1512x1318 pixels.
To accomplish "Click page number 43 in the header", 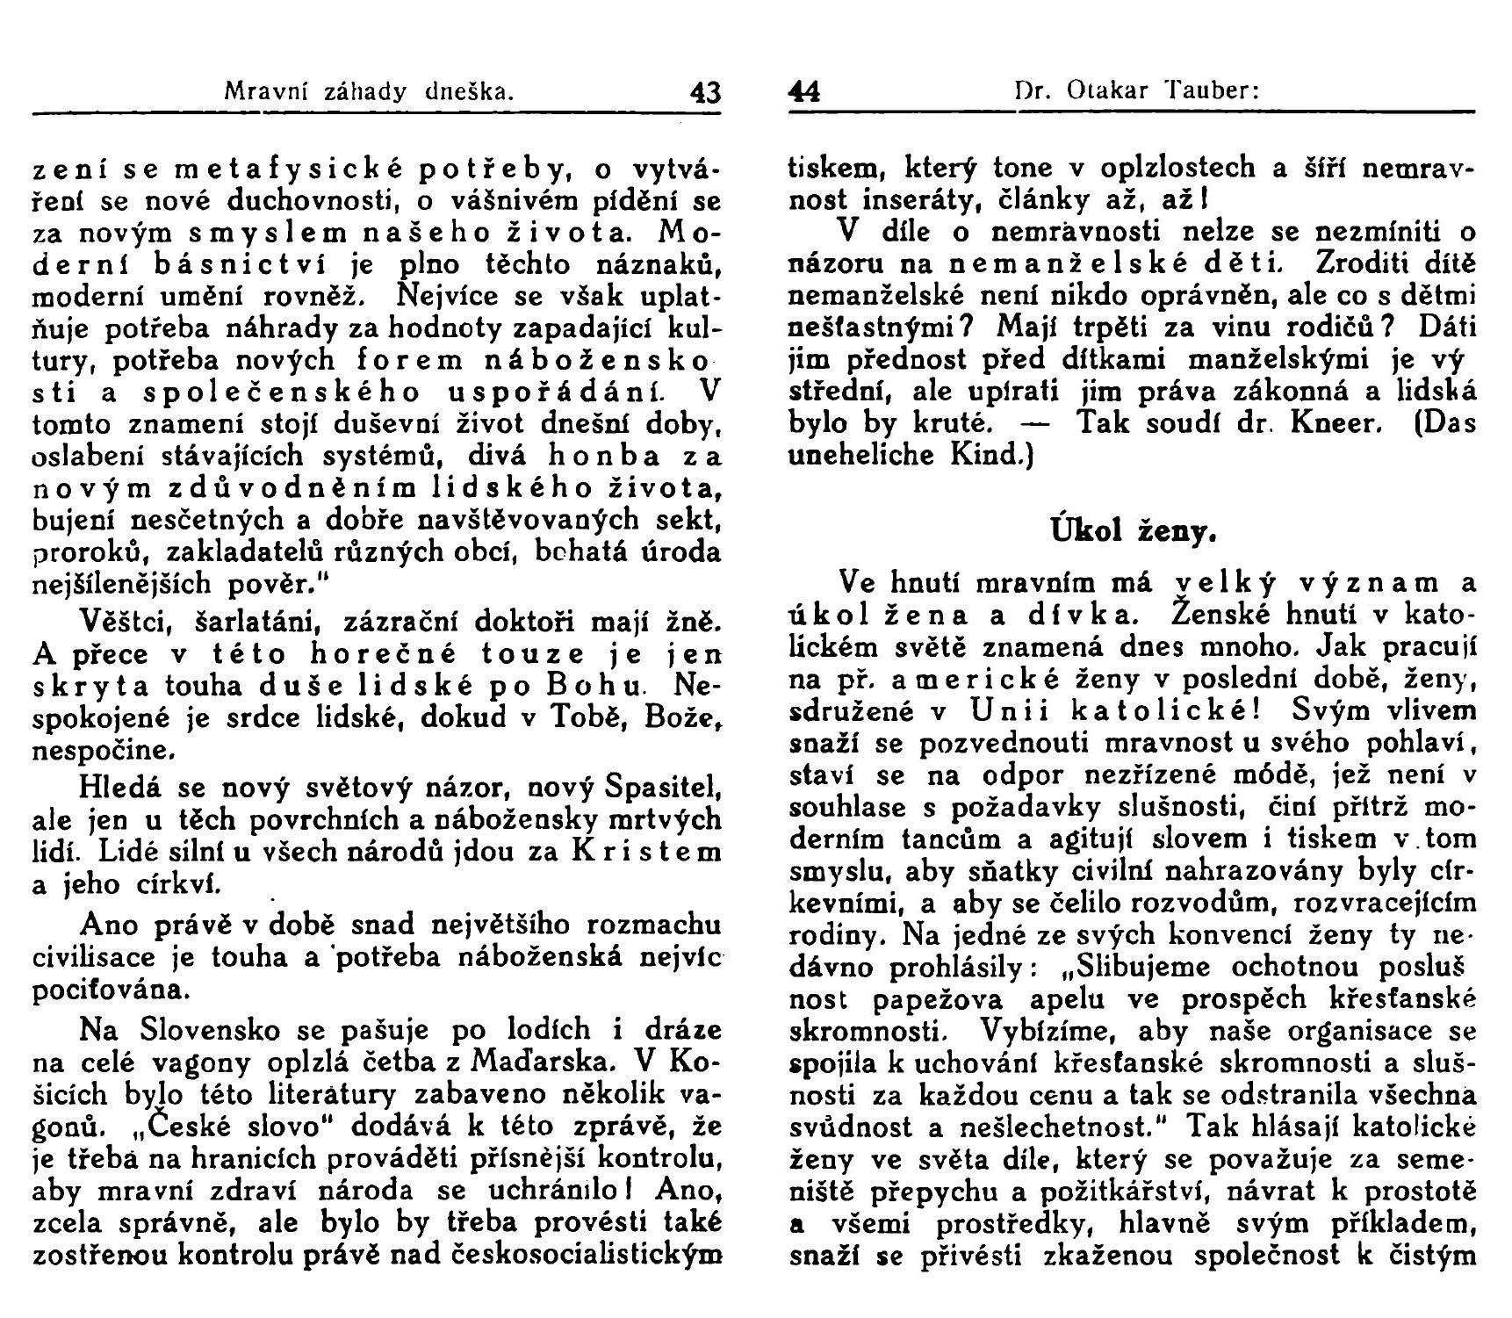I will tap(705, 91).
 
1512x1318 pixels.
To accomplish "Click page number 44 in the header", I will tap(803, 91).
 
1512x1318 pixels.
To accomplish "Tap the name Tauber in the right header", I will tap(1211, 90).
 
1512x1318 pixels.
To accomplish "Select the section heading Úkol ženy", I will tap(1132, 530).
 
